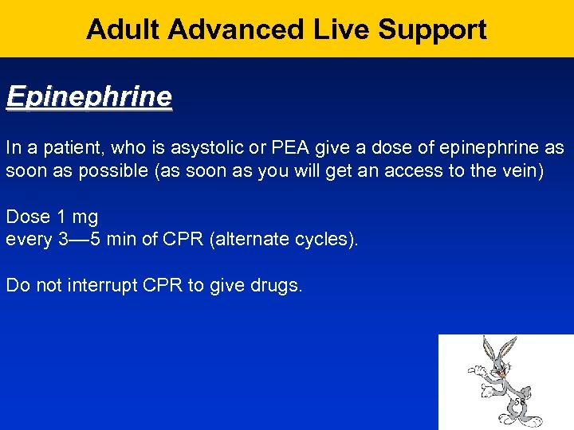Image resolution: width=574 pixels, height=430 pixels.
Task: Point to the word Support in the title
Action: (432, 29)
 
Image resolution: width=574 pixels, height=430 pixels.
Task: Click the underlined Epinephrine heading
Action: (88, 97)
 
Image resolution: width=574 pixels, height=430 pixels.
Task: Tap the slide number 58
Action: (519, 402)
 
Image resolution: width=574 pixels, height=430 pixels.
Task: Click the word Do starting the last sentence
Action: (17, 285)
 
